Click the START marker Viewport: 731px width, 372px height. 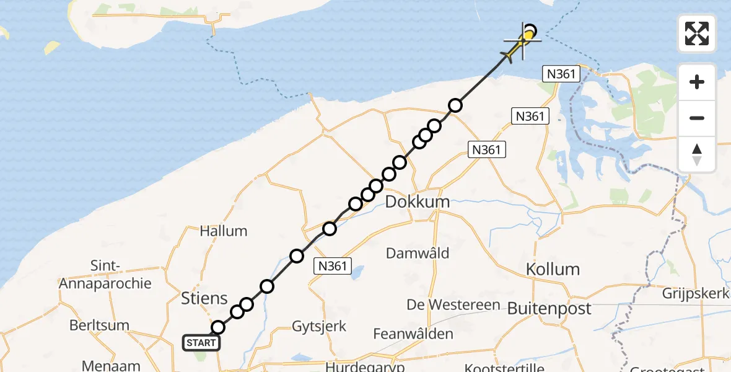[201, 342]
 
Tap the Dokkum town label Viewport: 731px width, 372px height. [417, 202]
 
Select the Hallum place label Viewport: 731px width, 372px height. [223, 231]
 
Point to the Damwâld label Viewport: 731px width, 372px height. [418, 253]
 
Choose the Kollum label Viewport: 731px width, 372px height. [553, 269]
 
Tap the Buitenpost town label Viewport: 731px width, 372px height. [549, 308]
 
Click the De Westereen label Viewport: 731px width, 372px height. [453, 304]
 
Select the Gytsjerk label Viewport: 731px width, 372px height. [319, 327]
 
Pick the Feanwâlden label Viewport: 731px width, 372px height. [413, 334]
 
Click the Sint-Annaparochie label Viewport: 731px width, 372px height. [105, 275]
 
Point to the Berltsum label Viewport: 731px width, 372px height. [99, 325]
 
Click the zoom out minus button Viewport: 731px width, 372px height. [697, 118]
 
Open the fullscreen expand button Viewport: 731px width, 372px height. [697, 33]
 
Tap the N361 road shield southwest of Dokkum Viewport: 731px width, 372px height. [332, 267]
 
